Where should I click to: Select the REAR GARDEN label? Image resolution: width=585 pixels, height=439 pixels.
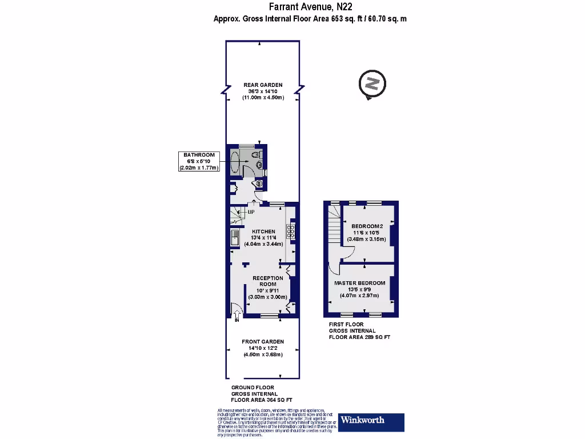[263, 85]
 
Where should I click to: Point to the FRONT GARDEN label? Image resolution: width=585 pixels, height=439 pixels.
[263, 342]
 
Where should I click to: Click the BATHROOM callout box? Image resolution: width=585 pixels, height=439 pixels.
[199, 161]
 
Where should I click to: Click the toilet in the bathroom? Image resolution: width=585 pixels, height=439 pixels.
[255, 154]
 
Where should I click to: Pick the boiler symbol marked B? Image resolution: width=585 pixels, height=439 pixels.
[258, 184]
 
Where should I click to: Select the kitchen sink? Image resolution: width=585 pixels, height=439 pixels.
[234, 237]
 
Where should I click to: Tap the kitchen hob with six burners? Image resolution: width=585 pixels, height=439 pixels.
[291, 231]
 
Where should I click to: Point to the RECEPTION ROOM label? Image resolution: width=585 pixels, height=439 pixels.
[268, 281]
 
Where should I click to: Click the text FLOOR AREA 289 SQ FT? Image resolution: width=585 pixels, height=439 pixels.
[359, 337]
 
